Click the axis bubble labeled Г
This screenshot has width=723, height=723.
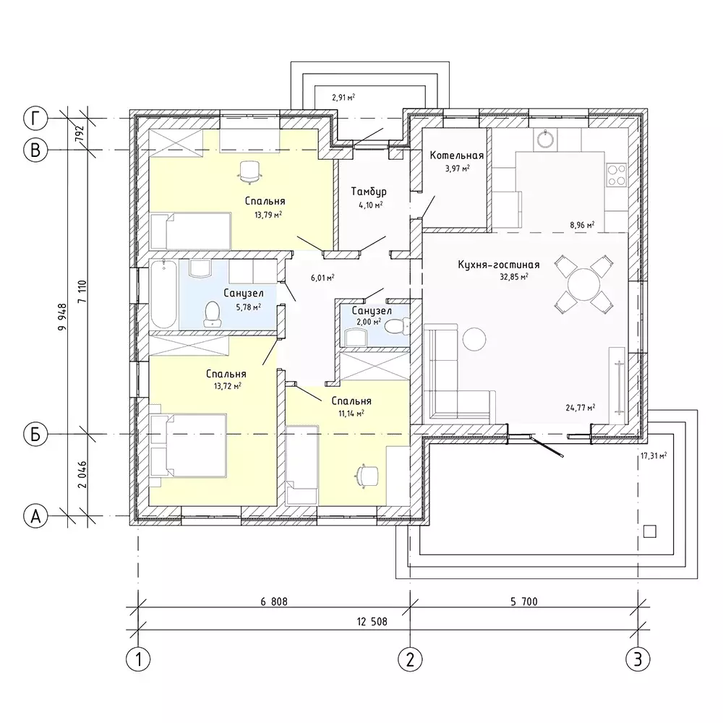coord(35,119)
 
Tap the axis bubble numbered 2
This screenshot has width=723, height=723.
coord(410,659)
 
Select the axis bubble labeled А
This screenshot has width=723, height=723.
coord(35,516)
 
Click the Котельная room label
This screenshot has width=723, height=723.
coord(456,155)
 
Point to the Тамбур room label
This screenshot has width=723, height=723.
coord(369,192)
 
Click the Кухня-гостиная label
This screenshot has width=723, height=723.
coord(498,265)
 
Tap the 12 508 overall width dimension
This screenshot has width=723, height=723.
coord(372,622)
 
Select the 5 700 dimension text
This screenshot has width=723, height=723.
coord(523,602)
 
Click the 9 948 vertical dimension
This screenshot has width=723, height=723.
coord(62,317)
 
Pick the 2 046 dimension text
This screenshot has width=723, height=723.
coord(82,474)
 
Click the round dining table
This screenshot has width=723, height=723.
coord(583,284)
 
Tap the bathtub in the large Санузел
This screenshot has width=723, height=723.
coord(163,294)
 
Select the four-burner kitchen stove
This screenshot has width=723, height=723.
coord(617,175)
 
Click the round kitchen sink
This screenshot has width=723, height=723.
coord(547,140)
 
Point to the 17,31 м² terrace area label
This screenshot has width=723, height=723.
coord(654,456)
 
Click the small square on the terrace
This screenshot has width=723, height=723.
coord(650,531)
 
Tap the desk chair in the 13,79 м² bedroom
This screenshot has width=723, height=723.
coord(249,172)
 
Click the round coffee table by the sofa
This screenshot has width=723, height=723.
coord(474,339)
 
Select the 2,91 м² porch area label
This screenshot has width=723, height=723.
coord(343,98)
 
